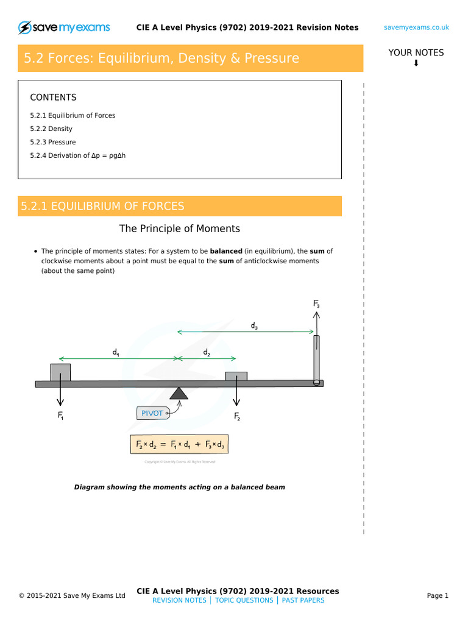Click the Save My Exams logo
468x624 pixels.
[x=64, y=27]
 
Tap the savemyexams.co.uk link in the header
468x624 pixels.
[x=417, y=27]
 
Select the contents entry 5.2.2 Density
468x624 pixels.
[x=51, y=129]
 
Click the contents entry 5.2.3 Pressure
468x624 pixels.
[x=53, y=142]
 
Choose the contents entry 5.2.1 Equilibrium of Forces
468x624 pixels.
[x=73, y=115]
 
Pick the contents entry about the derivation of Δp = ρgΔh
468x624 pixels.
[x=77, y=155]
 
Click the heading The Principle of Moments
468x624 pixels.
[x=179, y=229]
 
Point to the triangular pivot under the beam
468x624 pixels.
[x=178, y=394]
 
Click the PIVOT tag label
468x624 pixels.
[x=152, y=413]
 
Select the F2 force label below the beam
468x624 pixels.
[x=237, y=417]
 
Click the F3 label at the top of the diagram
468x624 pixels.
[x=316, y=303]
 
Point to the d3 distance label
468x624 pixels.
[x=254, y=326]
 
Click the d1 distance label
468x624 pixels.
[x=115, y=352]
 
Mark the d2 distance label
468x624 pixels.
[x=206, y=353]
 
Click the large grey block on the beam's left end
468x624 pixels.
[x=60, y=372]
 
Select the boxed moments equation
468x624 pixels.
[x=179, y=445]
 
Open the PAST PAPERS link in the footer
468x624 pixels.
[x=303, y=600]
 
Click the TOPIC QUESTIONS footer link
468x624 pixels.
[x=244, y=600]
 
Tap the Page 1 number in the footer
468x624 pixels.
[x=438, y=596]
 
